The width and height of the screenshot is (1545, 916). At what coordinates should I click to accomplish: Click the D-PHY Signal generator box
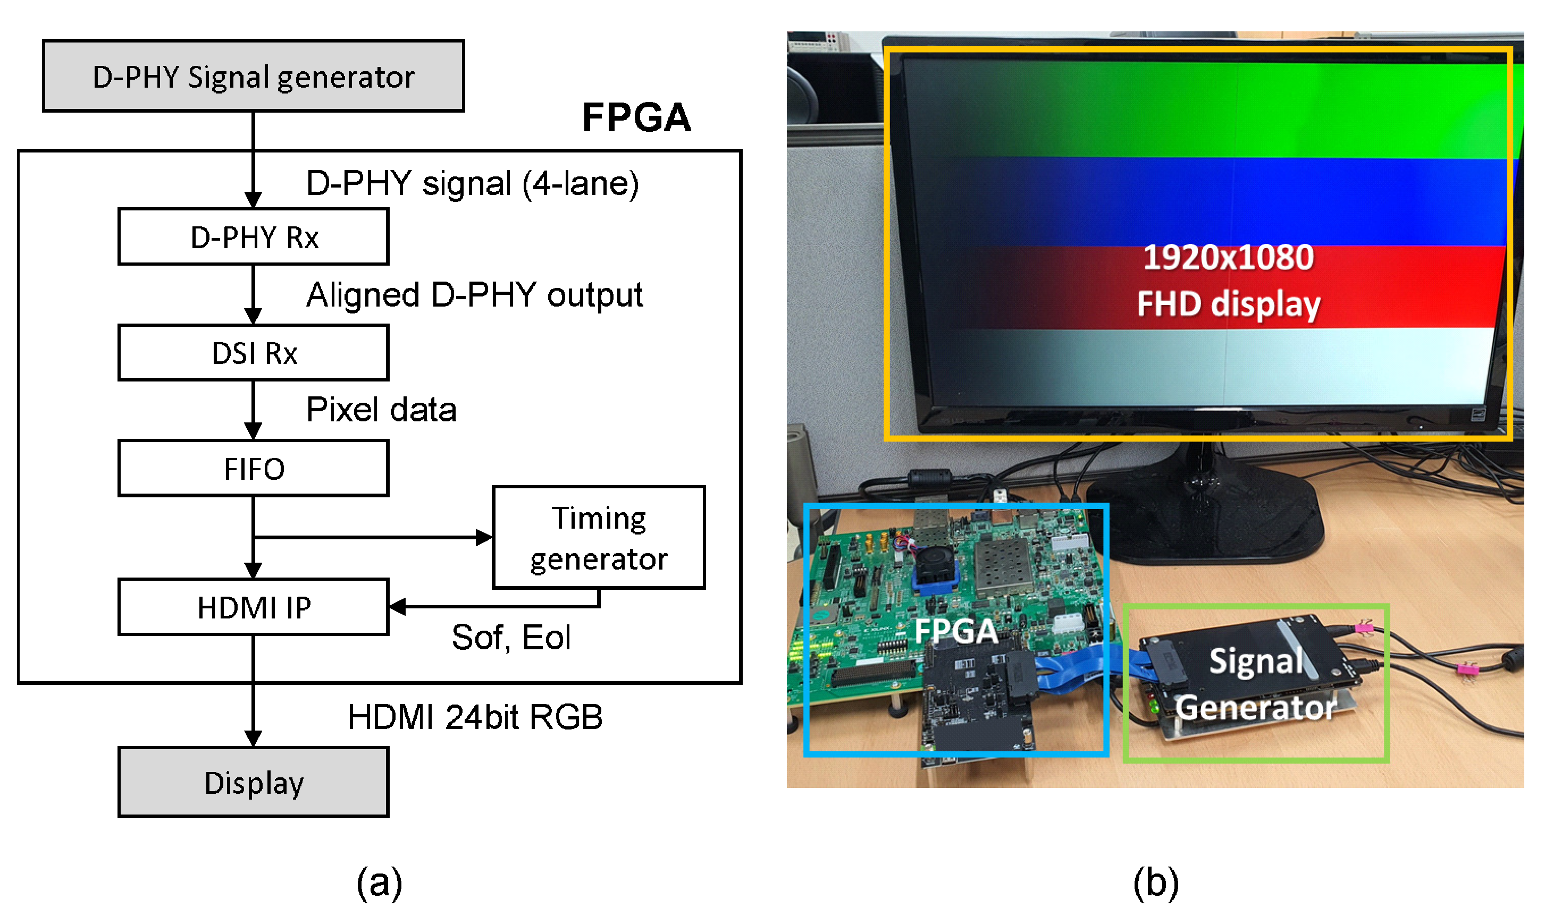pyautogui.click(x=253, y=77)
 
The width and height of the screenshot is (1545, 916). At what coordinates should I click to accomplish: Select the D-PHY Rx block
pyautogui.click(x=253, y=237)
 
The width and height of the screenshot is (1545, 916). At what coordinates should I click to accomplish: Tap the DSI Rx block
pyautogui.click(x=253, y=353)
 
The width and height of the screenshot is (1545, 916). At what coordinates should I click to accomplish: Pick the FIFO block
pyautogui.click(x=253, y=469)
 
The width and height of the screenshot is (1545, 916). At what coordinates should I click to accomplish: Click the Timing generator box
pyautogui.click(x=598, y=538)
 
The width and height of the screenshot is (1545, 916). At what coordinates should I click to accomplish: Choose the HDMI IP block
pyautogui.click(x=253, y=607)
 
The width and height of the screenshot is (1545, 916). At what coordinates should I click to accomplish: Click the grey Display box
pyautogui.click(x=253, y=783)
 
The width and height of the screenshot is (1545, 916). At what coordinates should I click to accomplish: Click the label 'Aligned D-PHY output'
pyautogui.click(x=474, y=295)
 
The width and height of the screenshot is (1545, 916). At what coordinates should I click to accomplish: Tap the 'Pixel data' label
pyautogui.click(x=381, y=410)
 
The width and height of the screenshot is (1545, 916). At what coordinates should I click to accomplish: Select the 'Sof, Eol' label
pyautogui.click(x=511, y=637)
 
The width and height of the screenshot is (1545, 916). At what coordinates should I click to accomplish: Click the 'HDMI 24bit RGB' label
pyautogui.click(x=474, y=717)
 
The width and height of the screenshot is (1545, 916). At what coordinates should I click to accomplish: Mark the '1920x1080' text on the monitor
pyautogui.click(x=1228, y=257)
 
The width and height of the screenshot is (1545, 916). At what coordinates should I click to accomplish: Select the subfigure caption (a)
pyautogui.click(x=379, y=883)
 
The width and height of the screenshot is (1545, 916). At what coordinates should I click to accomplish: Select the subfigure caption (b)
pyautogui.click(x=1155, y=883)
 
